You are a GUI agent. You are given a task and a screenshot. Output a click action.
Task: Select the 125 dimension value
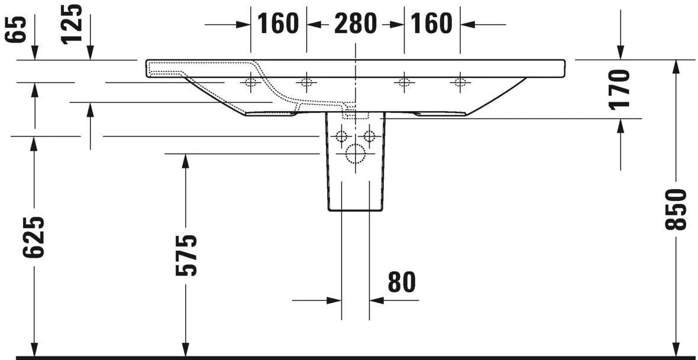click(x=73, y=24)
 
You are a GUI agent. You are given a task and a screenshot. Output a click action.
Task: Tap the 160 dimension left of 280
click(x=278, y=24)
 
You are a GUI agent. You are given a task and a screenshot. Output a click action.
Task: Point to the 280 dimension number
click(x=355, y=24)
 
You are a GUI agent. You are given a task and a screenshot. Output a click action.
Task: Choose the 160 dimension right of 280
click(x=431, y=24)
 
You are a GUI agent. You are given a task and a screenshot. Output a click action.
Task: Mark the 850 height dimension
click(x=676, y=209)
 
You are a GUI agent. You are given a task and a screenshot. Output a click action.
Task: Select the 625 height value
click(x=34, y=237)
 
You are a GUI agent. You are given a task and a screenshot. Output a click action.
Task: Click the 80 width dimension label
click(x=402, y=283)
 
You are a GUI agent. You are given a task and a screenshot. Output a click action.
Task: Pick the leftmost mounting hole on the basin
click(x=251, y=82)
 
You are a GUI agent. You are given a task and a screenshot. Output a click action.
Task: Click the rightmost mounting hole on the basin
click(x=459, y=82)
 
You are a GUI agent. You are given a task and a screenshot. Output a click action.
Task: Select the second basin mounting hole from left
click(x=306, y=82)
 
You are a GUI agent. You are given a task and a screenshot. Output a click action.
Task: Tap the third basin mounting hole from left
click(x=404, y=82)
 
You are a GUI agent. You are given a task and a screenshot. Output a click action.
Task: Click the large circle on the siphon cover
click(x=355, y=154)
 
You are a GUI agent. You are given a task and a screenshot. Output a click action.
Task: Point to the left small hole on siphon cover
click(x=341, y=137)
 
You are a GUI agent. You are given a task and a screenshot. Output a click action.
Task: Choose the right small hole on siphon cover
click(x=369, y=137)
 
